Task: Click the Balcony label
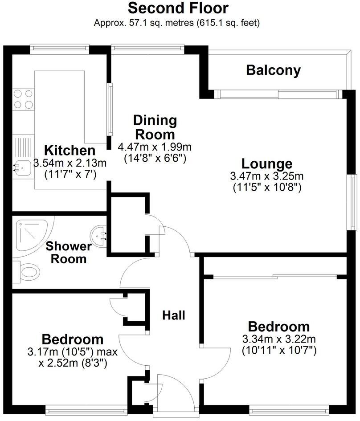[x=273, y=70]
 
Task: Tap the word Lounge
[x=267, y=163]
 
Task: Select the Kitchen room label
[x=70, y=151]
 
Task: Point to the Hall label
[x=174, y=315]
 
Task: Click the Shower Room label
[x=69, y=253]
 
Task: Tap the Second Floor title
[x=178, y=8]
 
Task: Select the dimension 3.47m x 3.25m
[x=267, y=176]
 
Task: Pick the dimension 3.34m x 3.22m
[x=279, y=339]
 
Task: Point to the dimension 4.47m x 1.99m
[x=155, y=147]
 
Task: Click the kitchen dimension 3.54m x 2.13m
[x=70, y=163]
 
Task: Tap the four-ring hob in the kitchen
[x=23, y=99]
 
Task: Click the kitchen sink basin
[x=22, y=168]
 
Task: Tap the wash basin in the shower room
[x=98, y=236]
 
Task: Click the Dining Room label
[x=155, y=127]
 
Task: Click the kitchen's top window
[x=59, y=48]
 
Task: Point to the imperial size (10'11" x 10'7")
[x=279, y=350]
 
